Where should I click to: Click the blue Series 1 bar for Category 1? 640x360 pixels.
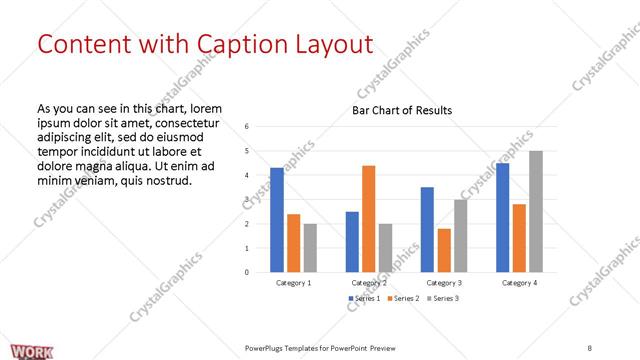click(x=277, y=219)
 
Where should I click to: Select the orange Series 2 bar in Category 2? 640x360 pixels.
click(x=368, y=218)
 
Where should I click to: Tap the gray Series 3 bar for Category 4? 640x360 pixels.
click(x=536, y=211)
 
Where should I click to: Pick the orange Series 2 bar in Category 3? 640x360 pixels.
click(x=444, y=250)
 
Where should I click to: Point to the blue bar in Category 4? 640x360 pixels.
click(x=502, y=217)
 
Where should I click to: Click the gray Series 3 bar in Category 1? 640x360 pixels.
click(x=310, y=247)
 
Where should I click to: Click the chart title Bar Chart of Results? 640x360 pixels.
click(x=402, y=110)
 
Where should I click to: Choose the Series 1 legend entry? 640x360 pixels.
click(x=362, y=299)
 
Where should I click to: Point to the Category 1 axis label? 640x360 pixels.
click(x=293, y=283)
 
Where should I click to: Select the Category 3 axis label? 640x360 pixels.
click(x=443, y=283)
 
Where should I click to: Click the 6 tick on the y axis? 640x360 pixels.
click(x=247, y=126)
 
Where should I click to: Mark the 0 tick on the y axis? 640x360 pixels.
click(x=247, y=272)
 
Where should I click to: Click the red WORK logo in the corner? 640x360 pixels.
click(x=19, y=350)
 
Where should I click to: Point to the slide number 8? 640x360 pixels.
click(x=589, y=347)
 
